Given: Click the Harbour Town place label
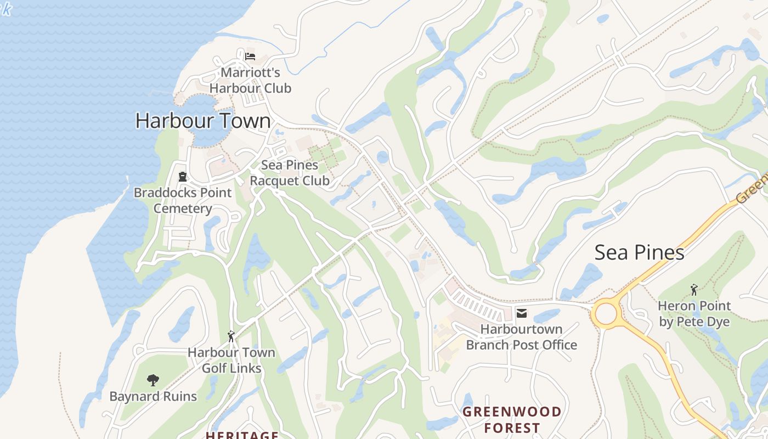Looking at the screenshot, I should [x=203, y=121].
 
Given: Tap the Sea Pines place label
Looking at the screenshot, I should [x=639, y=252].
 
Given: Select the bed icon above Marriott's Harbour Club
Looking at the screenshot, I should [x=250, y=56].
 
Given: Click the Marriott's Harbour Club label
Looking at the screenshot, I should [x=250, y=80].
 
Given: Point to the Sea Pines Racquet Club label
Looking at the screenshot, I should [x=289, y=173].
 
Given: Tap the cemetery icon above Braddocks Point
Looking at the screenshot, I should [x=182, y=177].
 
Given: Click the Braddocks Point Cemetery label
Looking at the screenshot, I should [x=183, y=201].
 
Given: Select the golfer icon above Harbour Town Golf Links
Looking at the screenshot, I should [x=231, y=336].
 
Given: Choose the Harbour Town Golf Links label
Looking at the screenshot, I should [x=231, y=360].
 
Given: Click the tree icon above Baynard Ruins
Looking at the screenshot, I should [x=153, y=380].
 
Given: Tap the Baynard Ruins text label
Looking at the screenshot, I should [x=153, y=396].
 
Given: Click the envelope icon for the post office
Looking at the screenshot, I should [x=521, y=313].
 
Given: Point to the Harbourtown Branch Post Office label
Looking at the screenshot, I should [x=521, y=337].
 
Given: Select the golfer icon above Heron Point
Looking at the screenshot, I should [x=694, y=289].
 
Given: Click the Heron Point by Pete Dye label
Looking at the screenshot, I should [x=694, y=313].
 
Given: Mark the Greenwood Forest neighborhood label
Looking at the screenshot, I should [x=512, y=419].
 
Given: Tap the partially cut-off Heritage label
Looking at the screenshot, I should [x=242, y=435].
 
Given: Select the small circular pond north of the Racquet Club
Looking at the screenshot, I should [x=383, y=157].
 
